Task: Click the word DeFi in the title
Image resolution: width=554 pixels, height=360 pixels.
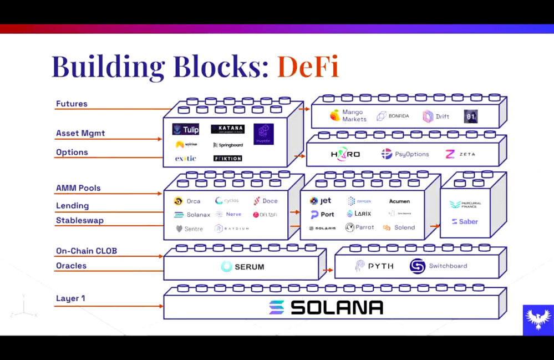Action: click(308, 66)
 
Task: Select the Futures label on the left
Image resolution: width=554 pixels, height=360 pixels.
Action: click(72, 104)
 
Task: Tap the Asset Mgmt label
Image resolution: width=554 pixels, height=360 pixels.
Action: click(80, 133)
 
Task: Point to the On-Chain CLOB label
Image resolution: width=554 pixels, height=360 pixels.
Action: click(87, 251)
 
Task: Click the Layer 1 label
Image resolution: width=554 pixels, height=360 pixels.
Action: click(70, 298)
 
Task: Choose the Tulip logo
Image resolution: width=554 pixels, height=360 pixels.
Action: click(186, 130)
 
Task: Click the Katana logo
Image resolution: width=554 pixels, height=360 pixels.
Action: click(227, 129)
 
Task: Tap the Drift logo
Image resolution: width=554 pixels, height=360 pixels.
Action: click(436, 116)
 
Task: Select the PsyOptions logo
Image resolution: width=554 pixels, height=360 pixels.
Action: click(405, 154)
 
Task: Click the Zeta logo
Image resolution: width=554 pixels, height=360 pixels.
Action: click(460, 154)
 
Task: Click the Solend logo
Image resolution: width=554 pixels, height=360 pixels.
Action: click(399, 227)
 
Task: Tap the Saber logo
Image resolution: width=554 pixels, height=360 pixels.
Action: click(464, 221)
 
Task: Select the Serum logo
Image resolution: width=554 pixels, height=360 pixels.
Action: click(242, 267)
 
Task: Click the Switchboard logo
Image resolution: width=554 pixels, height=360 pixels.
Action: click(438, 266)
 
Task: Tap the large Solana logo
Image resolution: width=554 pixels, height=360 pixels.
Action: click(326, 307)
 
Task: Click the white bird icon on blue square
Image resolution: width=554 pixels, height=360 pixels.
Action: click(538, 320)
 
